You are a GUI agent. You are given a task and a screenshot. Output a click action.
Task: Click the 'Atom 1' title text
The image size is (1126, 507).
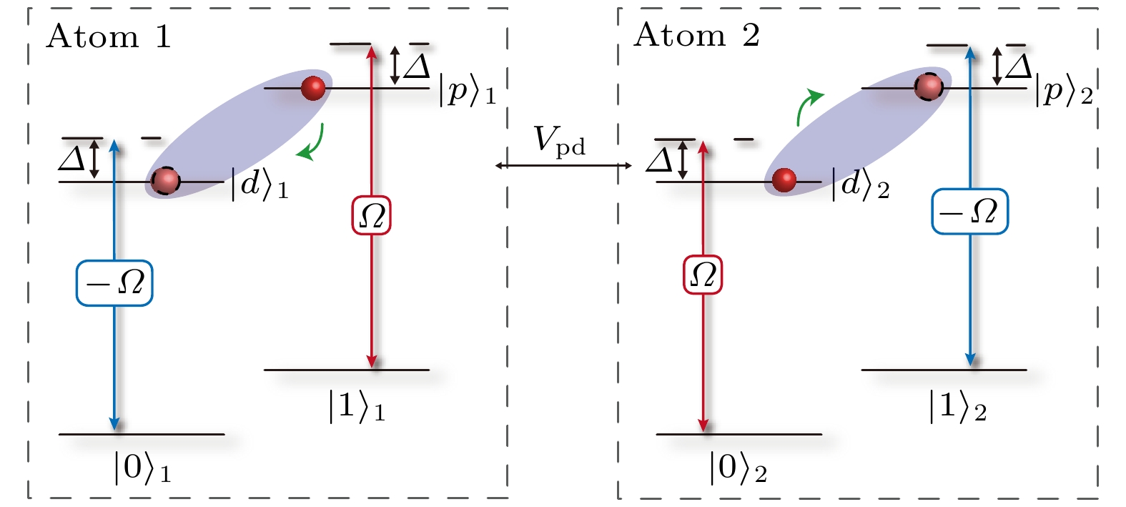coord(109,36)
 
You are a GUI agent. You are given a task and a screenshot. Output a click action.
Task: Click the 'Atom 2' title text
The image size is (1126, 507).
coord(696,35)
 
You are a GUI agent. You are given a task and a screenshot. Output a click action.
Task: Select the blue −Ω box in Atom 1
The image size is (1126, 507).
coord(114,283)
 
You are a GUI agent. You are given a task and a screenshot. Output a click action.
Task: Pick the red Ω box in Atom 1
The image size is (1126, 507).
coord(372,215)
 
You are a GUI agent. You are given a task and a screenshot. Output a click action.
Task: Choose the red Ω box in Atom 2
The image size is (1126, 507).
coord(703,275)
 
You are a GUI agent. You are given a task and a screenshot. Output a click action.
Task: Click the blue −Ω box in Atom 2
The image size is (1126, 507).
coord(969,212)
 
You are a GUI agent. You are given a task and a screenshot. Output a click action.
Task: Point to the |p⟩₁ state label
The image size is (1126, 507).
coord(467,92)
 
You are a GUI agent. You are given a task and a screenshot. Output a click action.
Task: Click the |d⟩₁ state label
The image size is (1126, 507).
coord(259,185)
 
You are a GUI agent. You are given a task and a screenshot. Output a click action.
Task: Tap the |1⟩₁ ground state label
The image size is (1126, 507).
coord(357,407)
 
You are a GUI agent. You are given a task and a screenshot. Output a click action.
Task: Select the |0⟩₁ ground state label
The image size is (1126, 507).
coord(142,469)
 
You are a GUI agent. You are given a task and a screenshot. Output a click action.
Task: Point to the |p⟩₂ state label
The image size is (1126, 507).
coord(1064,91)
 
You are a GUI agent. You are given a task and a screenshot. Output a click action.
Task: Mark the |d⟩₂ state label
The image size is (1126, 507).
coord(860,185)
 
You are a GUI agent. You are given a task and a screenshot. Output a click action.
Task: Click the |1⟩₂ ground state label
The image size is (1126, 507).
coord(957,407)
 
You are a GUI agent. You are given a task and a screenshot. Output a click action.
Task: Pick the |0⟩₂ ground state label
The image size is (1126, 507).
coord(738,469)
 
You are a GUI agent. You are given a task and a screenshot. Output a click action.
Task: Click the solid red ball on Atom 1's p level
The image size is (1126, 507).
coord(313,88)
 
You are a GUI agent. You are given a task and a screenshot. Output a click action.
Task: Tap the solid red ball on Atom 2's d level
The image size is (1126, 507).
coord(784,180)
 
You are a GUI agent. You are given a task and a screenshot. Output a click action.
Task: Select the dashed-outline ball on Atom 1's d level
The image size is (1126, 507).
coord(166,181)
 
